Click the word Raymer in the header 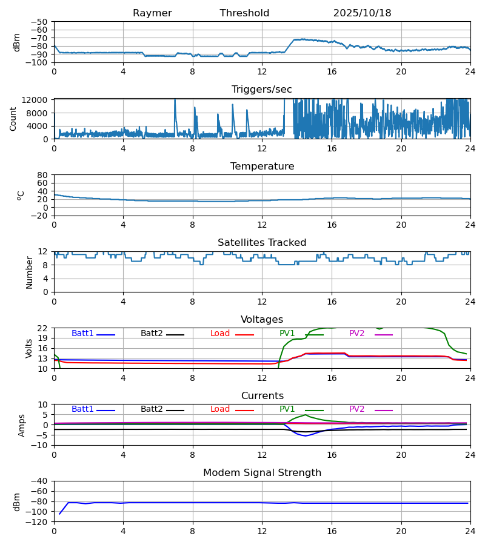(152, 13)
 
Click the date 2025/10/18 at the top (362, 13)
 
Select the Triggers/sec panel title (262, 90)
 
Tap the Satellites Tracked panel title (262, 243)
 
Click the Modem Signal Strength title (262, 473)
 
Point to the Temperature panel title (262, 167)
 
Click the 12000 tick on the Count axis (38, 100)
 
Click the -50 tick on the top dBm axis (40, 22)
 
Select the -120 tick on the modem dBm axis (38, 522)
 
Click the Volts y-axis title (29, 348)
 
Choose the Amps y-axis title (22, 425)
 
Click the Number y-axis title (29, 272)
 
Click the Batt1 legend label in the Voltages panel (82, 334)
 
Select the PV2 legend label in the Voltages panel (356, 334)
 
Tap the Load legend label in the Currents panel (220, 409)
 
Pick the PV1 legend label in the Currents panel (287, 409)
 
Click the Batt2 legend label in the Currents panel (152, 409)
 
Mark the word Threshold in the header (244, 13)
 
